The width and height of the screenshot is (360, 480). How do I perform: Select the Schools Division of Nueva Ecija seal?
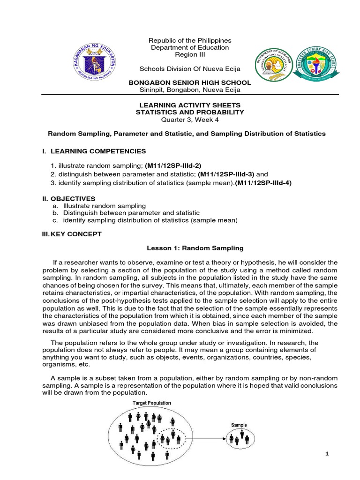(x=273, y=68)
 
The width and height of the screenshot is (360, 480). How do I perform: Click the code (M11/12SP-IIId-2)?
(x=172, y=165)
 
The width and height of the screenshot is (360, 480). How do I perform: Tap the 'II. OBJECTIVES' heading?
(x=68, y=199)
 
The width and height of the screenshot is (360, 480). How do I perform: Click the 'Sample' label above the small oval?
(x=239, y=425)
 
